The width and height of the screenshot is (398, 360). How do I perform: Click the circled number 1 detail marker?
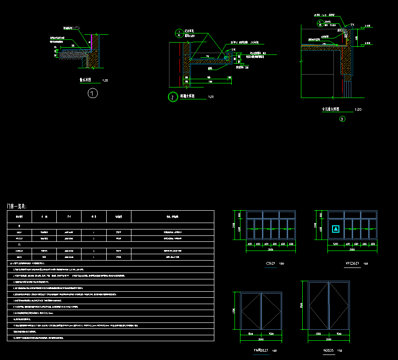click(93, 94)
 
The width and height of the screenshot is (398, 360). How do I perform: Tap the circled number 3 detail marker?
click(342, 119)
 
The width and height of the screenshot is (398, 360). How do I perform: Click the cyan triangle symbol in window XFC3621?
click(336, 229)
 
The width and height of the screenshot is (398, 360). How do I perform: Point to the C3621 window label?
click(271, 264)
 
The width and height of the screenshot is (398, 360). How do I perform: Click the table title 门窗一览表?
click(17, 207)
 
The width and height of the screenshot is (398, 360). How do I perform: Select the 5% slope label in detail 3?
click(352, 25)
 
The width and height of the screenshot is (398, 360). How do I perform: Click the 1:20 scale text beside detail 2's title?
click(211, 97)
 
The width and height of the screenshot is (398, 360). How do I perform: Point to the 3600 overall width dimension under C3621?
click(270, 250)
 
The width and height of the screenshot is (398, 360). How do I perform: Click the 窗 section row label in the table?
click(19, 226)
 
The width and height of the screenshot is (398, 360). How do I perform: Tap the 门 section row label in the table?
click(19, 245)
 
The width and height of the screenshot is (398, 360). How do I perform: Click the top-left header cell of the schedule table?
click(19, 216)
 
